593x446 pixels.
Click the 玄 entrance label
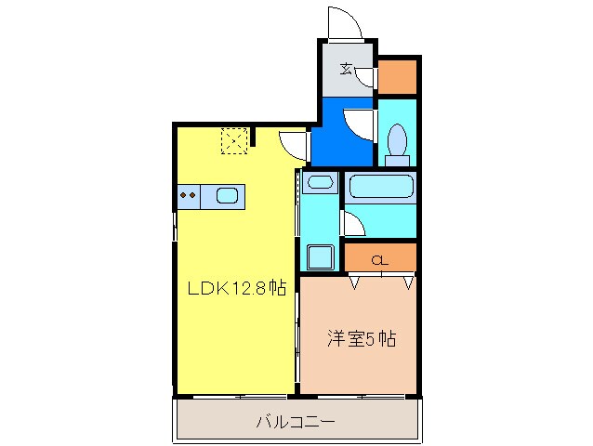[x=346, y=68]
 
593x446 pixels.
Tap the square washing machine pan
[x=321, y=255]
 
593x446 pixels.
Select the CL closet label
[x=379, y=259]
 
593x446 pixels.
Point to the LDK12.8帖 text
[x=237, y=289]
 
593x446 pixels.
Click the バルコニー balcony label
[x=296, y=422]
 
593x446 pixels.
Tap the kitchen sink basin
[x=228, y=195]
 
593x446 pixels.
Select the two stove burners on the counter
[x=188, y=195]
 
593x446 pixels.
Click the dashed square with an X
[x=233, y=141]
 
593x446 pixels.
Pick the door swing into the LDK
[x=295, y=145]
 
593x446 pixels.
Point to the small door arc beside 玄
[x=366, y=76]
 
